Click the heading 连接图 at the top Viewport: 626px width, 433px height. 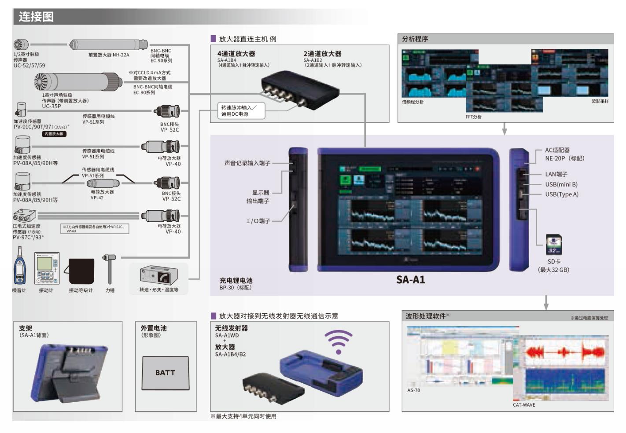pyautogui.click(x=36, y=17)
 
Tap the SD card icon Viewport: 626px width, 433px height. pyautogui.click(x=553, y=245)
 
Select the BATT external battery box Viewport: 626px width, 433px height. pyautogui.click(x=166, y=373)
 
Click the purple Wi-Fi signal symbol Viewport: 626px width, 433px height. pyautogui.click(x=339, y=341)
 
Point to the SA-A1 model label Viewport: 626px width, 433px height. pyautogui.click(x=410, y=280)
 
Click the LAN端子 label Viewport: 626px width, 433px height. pyautogui.click(x=556, y=174)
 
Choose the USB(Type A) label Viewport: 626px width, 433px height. pyautogui.click(x=562, y=194)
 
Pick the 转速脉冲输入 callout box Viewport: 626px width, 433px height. pyautogui.click(x=242, y=111)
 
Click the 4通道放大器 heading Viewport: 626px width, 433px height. pyautogui.click(x=236, y=54)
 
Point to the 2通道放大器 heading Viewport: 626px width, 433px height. pyautogui.click(x=322, y=54)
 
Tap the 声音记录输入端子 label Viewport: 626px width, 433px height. pyautogui.click(x=247, y=163)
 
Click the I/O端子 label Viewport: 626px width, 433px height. pyautogui.click(x=258, y=221)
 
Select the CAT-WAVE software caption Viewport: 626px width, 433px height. pyautogui.click(x=524, y=405)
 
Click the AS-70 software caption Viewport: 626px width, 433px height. pyautogui.click(x=413, y=390)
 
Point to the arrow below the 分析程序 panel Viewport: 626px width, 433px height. pyautogui.click(x=504, y=129)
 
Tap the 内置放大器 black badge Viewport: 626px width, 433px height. pyautogui.click(x=54, y=134)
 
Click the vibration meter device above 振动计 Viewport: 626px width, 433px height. pyautogui.click(x=47, y=268)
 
